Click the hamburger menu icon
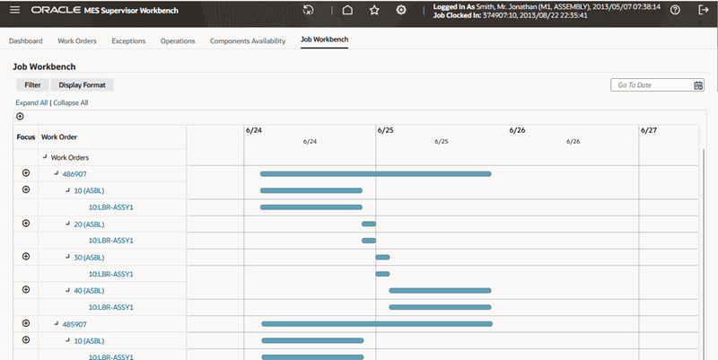click(14, 10)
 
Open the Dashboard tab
click(26, 41)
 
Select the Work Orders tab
click(77, 41)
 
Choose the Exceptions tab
click(128, 41)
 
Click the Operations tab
click(178, 41)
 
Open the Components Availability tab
click(248, 41)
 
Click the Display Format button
click(82, 84)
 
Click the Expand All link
click(31, 103)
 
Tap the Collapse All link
click(71, 103)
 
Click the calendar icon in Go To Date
click(698, 85)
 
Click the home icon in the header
click(347, 10)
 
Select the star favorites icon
click(374, 10)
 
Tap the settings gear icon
click(401, 10)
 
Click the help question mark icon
click(675, 10)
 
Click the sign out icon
click(702, 10)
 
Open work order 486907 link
click(74, 173)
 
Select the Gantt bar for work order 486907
click(375, 173)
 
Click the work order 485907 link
click(74, 324)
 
